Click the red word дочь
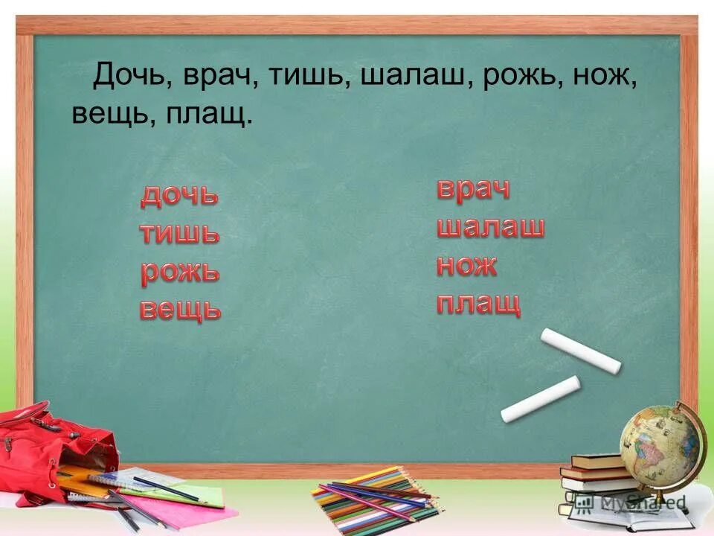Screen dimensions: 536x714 click(x=179, y=196)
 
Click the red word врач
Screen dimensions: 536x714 click(x=473, y=189)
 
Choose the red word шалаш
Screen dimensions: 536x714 click(x=490, y=227)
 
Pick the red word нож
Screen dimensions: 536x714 click(x=467, y=265)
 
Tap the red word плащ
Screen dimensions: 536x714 click(x=478, y=304)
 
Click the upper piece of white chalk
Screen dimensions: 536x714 click(x=580, y=350)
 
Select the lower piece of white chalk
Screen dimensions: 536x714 click(x=540, y=399)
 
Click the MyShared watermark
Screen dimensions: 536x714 click(x=643, y=502)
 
